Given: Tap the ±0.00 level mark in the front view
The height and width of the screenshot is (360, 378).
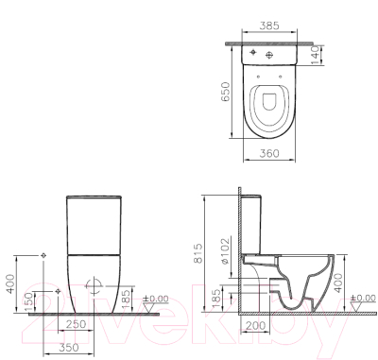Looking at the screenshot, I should (155, 300).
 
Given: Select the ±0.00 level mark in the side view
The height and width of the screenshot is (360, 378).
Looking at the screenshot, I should (363, 300).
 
